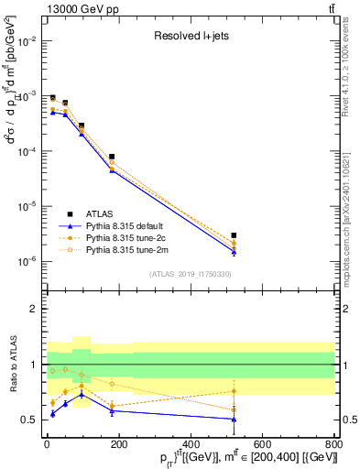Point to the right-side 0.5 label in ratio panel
(346, 420)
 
